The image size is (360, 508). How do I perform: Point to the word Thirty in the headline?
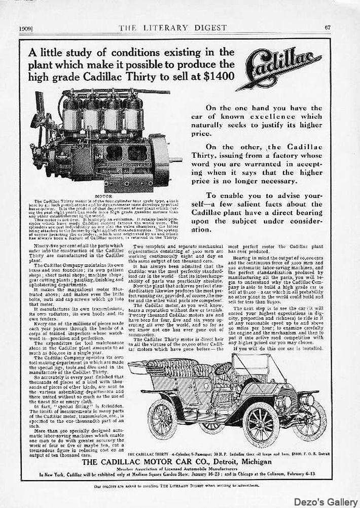[175, 76]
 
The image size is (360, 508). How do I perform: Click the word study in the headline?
[79, 52]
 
